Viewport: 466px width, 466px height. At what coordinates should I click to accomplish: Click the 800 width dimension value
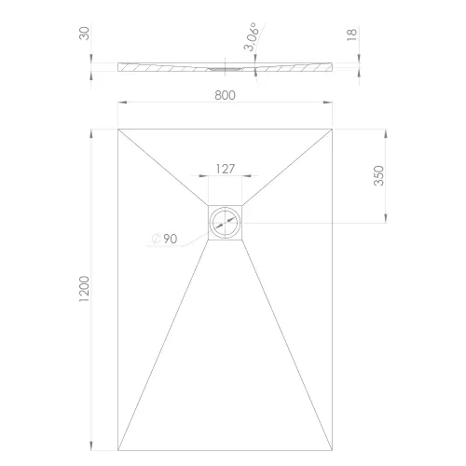225,94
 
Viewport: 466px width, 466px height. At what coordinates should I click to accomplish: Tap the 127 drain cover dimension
225,169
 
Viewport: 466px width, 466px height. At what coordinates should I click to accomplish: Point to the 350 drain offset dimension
379,175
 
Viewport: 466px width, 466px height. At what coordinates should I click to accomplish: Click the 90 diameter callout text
171,239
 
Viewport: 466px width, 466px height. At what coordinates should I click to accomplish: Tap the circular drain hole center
225,222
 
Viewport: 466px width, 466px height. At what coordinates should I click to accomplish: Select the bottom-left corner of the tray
118,448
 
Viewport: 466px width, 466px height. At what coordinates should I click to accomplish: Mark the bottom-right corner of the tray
332,448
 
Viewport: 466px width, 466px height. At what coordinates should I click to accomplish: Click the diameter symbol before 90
157,240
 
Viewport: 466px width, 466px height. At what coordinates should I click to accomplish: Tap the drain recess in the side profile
225,68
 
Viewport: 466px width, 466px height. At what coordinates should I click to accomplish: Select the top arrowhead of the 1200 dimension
90,130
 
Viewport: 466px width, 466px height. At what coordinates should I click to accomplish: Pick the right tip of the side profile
333,65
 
